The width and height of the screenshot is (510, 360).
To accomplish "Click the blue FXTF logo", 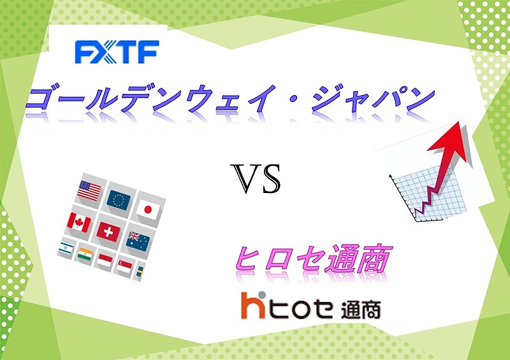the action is (117, 52).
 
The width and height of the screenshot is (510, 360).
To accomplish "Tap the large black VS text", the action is (256, 179).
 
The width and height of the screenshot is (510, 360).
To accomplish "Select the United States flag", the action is (89, 191).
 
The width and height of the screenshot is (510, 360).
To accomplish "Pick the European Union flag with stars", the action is (119, 199).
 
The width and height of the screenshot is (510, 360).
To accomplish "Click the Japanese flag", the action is (148, 209).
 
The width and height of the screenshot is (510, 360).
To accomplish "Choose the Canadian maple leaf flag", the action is (79, 222).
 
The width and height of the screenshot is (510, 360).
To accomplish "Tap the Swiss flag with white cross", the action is (108, 232).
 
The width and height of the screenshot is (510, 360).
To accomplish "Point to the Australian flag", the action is (138, 241).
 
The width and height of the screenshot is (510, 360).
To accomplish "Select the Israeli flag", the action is (66, 248).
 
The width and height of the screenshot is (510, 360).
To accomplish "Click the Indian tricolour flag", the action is (85, 255).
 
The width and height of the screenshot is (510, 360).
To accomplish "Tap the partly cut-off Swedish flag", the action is (141, 272).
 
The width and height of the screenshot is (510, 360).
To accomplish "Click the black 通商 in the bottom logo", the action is (361, 310).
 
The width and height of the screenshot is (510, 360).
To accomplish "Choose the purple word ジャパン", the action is (373, 99).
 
